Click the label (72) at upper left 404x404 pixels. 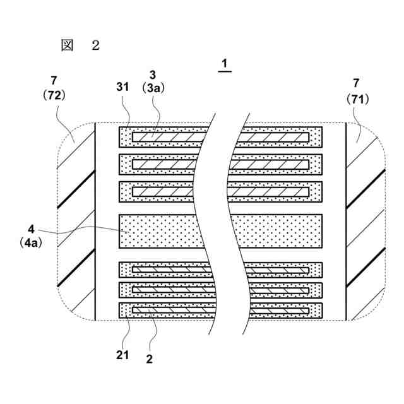pyautogui.click(x=55, y=96)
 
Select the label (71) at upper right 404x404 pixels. pyautogui.click(x=358, y=98)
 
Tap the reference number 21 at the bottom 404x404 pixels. pyautogui.click(x=122, y=355)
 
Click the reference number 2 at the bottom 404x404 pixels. pyautogui.click(x=149, y=359)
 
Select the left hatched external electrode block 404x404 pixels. pyautogui.click(x=76, y=222)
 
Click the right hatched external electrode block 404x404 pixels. pyautogui.click(x=365, y=222)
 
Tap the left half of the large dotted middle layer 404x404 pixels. pyautogui.click(x=158, y=232)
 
